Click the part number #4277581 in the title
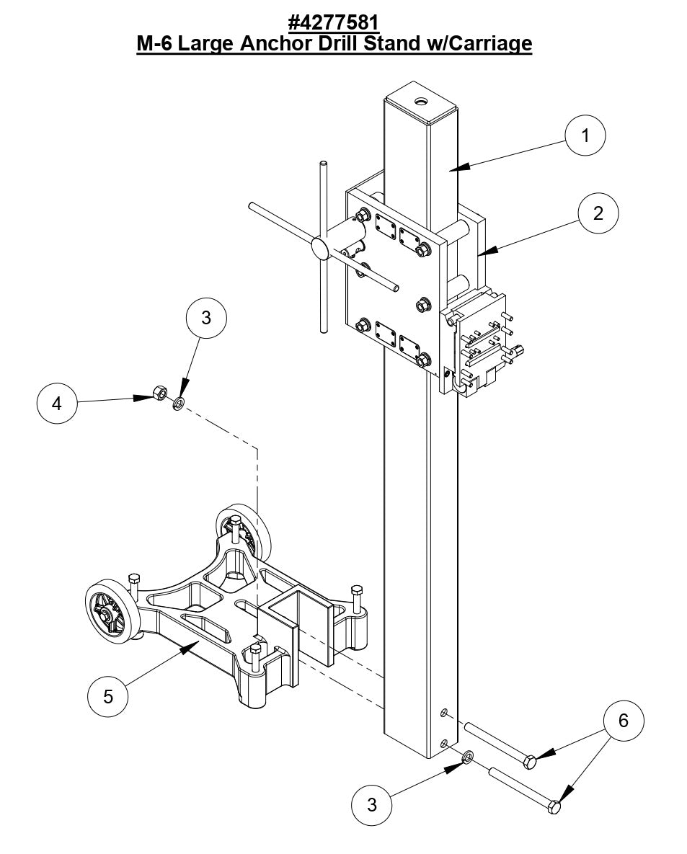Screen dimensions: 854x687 point(334,22)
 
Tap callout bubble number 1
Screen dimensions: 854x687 point(585,135)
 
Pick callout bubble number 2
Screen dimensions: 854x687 point(598,213)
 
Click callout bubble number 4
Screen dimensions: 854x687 point(56,404)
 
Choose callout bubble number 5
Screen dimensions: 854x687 point(107,696)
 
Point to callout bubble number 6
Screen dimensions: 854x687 point(624,720)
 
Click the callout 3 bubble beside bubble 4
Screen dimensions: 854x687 point(206,318)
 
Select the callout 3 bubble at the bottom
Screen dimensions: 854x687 point(371,804)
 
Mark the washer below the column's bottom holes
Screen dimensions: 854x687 point(467,756)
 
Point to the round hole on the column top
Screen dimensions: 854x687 point(420,102)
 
